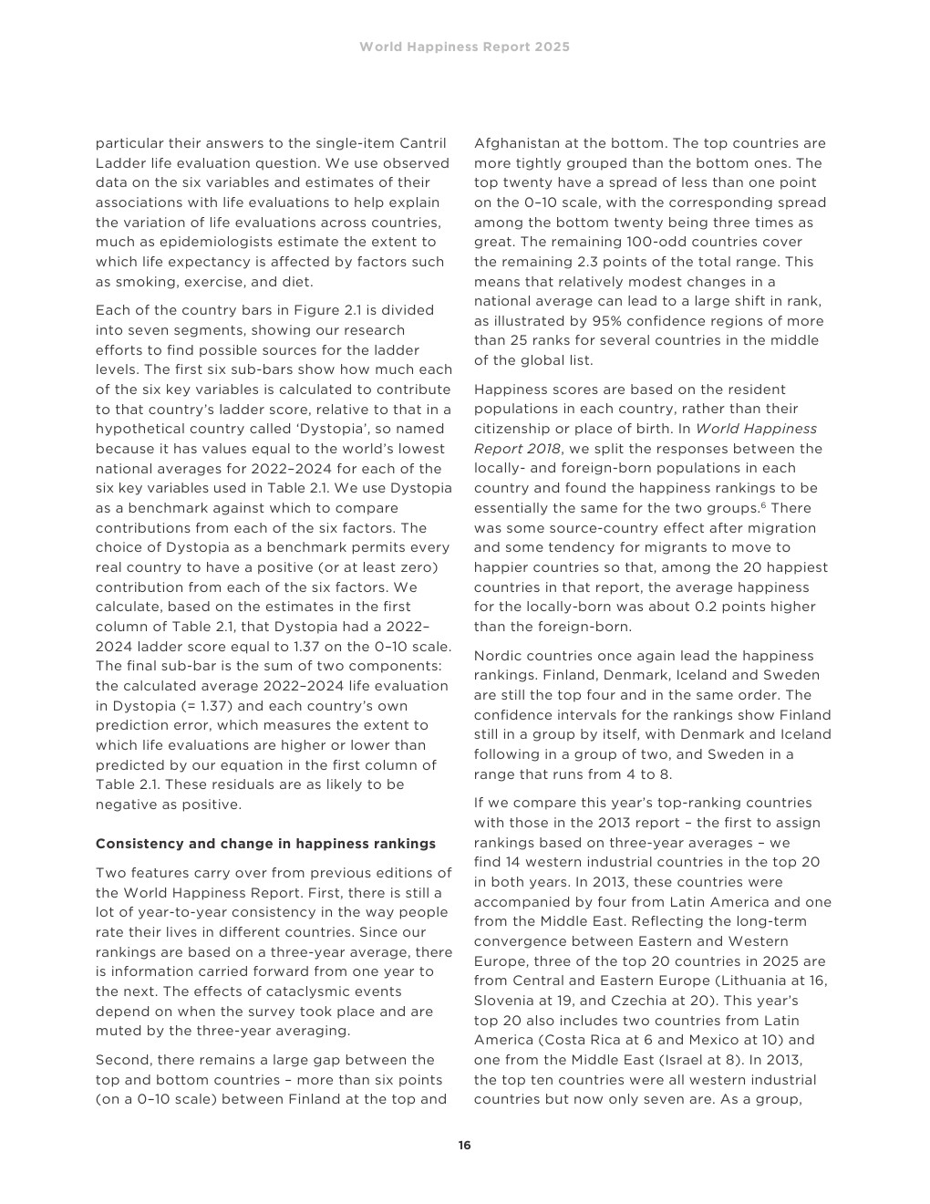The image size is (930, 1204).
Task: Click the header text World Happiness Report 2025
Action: pos(464,47)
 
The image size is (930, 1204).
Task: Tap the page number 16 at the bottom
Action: pos(465,1146)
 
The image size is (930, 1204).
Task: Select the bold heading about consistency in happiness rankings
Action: pos(265,844)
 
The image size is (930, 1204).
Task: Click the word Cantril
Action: pos(423,143)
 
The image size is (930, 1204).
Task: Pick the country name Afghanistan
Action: pos(516,143)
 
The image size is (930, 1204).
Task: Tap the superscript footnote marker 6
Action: pos(762,505)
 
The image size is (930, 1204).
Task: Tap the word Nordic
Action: pos(497,656)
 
